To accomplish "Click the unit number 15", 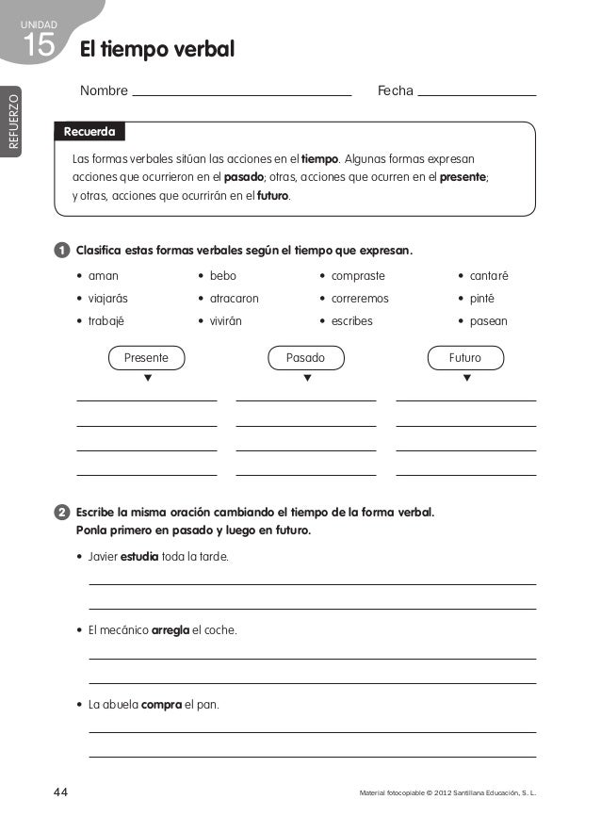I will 38,45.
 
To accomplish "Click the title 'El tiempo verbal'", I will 156,49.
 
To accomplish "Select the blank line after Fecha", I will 476,93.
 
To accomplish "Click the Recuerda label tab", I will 89,132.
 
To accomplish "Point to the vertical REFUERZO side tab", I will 12,121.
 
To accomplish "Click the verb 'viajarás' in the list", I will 107,299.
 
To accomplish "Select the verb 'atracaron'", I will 234,299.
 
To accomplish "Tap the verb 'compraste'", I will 358,276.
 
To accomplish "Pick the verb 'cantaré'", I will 489,276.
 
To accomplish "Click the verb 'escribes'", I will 351,321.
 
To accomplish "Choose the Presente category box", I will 146,358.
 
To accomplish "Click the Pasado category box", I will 305,358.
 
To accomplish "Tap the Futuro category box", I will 465,358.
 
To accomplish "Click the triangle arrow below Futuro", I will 466,379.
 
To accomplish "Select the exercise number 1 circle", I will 61,252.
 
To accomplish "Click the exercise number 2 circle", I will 61,514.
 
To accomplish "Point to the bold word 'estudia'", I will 139,557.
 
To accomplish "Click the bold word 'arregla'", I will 171,630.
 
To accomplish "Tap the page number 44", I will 60,792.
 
